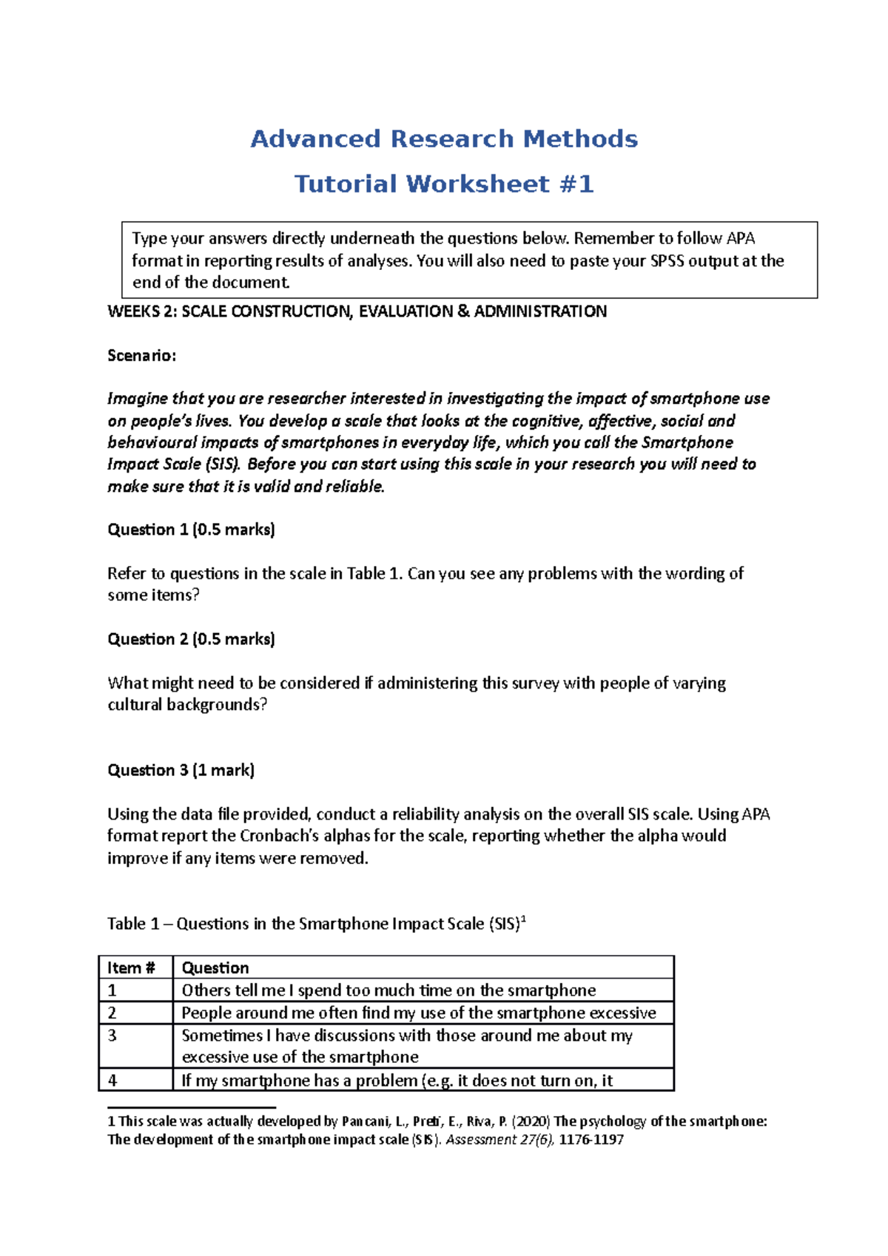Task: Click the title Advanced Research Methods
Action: click(x=444, y=139)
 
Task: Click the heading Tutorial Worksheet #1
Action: click(x=444, y=183)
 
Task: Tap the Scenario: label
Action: click(x=142, y=356)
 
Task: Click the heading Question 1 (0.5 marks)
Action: click(x=191, y=530)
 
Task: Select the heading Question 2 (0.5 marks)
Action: click(x=191, y=639)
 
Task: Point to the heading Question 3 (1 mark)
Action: click(x=181, y=770)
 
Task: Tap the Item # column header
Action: click(x=131, y=968)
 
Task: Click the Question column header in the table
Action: click(x=215, y=968)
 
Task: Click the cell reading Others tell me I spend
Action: click(x=388, y=990)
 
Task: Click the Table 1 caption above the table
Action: click(x=316, y=924)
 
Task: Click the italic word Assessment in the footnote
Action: click(x=481, y=1140)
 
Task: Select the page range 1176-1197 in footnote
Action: click(x=591, y=1140)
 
